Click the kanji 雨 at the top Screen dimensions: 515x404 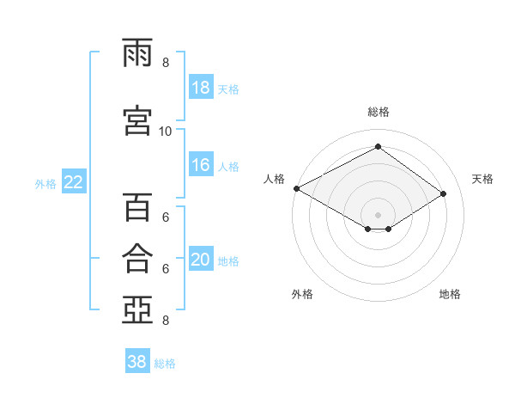click(137, 52)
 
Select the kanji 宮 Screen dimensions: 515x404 click(137, 120)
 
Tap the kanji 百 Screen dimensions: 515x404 click(137, 207)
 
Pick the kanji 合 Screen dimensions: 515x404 click(137, 258)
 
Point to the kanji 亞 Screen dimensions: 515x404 click(137, 309)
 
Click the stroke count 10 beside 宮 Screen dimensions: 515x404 click(165, 132)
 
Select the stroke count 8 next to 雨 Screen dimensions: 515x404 click(166, 63)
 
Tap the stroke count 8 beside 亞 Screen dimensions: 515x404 click(166, 321)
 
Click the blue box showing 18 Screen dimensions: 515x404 click(201, 87)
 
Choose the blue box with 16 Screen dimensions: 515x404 click(201, 164)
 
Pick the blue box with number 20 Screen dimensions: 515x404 click(201, 258)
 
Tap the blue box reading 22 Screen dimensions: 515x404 click(74, 181)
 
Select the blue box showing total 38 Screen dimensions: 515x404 click(137, 360)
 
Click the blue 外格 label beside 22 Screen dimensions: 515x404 click(45, 184)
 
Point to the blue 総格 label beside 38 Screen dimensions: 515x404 click(165, 364)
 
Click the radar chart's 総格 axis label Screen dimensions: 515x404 click(379, 112)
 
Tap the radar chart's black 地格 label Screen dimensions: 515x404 click(450, 294)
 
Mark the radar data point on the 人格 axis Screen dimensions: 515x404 click(297, 188)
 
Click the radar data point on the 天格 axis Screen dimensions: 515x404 click(443, 193)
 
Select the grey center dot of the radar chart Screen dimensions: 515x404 click(378, 215)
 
